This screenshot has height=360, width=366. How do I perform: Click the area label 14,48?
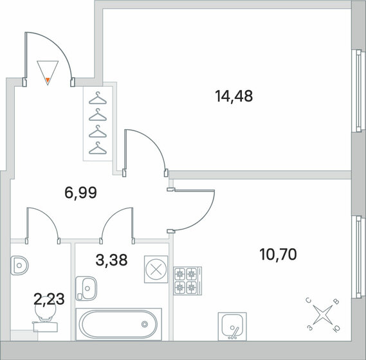(x=234, y=96)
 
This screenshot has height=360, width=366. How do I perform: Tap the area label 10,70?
(x=278, y=255)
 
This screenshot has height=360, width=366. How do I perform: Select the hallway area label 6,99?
(x=80, y=193)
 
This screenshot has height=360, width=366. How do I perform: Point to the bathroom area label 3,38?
(x=111, y=260)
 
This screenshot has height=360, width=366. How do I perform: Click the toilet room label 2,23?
(x=49, y=299)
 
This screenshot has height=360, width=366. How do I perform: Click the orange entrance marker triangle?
(x=48, y=80)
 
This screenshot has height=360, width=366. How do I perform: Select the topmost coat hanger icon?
(x=98, y=98)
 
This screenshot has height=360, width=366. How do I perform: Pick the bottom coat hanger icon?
(x=98, y=148)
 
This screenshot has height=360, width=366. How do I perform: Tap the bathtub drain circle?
(x=145, y=324)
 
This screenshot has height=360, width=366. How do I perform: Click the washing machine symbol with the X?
(x=156, y=269)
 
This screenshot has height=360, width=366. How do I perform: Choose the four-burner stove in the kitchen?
(x=188, y=281)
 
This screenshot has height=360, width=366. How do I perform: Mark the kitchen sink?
(x=232, y=327)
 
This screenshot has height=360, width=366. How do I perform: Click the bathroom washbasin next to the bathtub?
(x=86, y=289)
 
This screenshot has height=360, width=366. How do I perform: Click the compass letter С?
(x=309, y=301)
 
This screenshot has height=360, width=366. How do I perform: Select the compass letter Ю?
(x=336, y=328)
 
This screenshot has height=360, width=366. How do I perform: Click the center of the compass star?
(x=323, y=315)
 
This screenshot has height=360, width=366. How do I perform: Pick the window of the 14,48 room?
(x=358, y=91)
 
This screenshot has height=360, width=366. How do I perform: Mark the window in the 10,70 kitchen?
(x=358, y=257)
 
